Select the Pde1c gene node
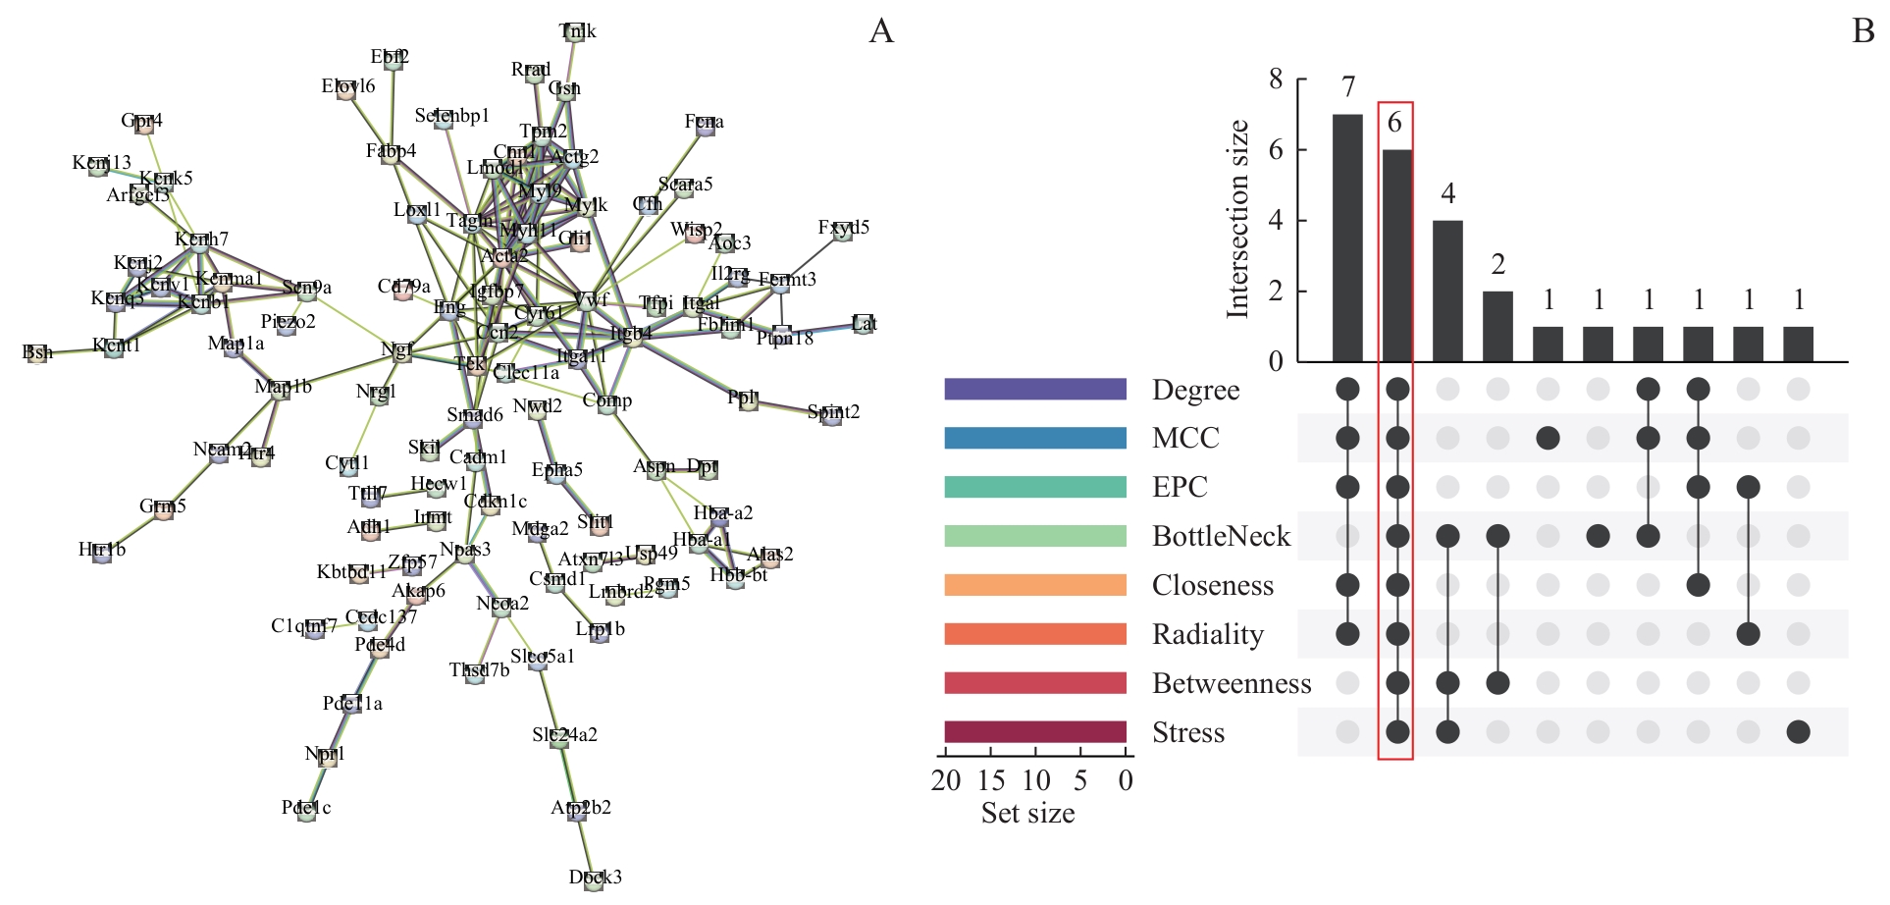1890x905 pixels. pyautogui.click(x=306, y=809)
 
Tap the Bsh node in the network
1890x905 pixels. pyautogui.click(x=37, y=352)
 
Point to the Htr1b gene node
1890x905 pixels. pyautogui.click(x=102, y=551)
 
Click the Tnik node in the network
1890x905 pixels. pyautogui.click(x=576, y=32)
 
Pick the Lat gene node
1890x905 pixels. pyautogui.click(x=864, y=324)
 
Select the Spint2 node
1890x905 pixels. pyautogui.click(x=832, y=413)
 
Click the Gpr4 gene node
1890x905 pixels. pyautogui.click(x=143, y=122)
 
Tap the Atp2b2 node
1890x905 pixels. pyautogui.click(x=579, y=809)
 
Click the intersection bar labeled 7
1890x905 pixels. pyautogui.click(x=1347, y=239)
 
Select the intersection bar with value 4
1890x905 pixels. pyautogui.click(x=1447, y=292)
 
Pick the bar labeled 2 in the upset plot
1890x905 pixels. pyautogui.click(x=1497, y=327)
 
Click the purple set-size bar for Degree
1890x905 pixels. pyautogui.click(x=1035, y=390)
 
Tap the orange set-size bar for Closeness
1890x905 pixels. pyautogui.click(x=1035, y=586)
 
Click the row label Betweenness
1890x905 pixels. pyautogui.click(x=1232, y=684)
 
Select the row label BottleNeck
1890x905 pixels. pyautogui.click(x=1221, y=537)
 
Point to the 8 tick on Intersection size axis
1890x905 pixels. pyautogui.click(x=1276, y=80)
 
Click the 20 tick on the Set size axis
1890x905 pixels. pyautogui.click(x=946, y=781)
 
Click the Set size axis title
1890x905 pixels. pyautogui.click(x=1027, y=814)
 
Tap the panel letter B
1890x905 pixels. pyautogui.click(x=1863, y=31)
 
